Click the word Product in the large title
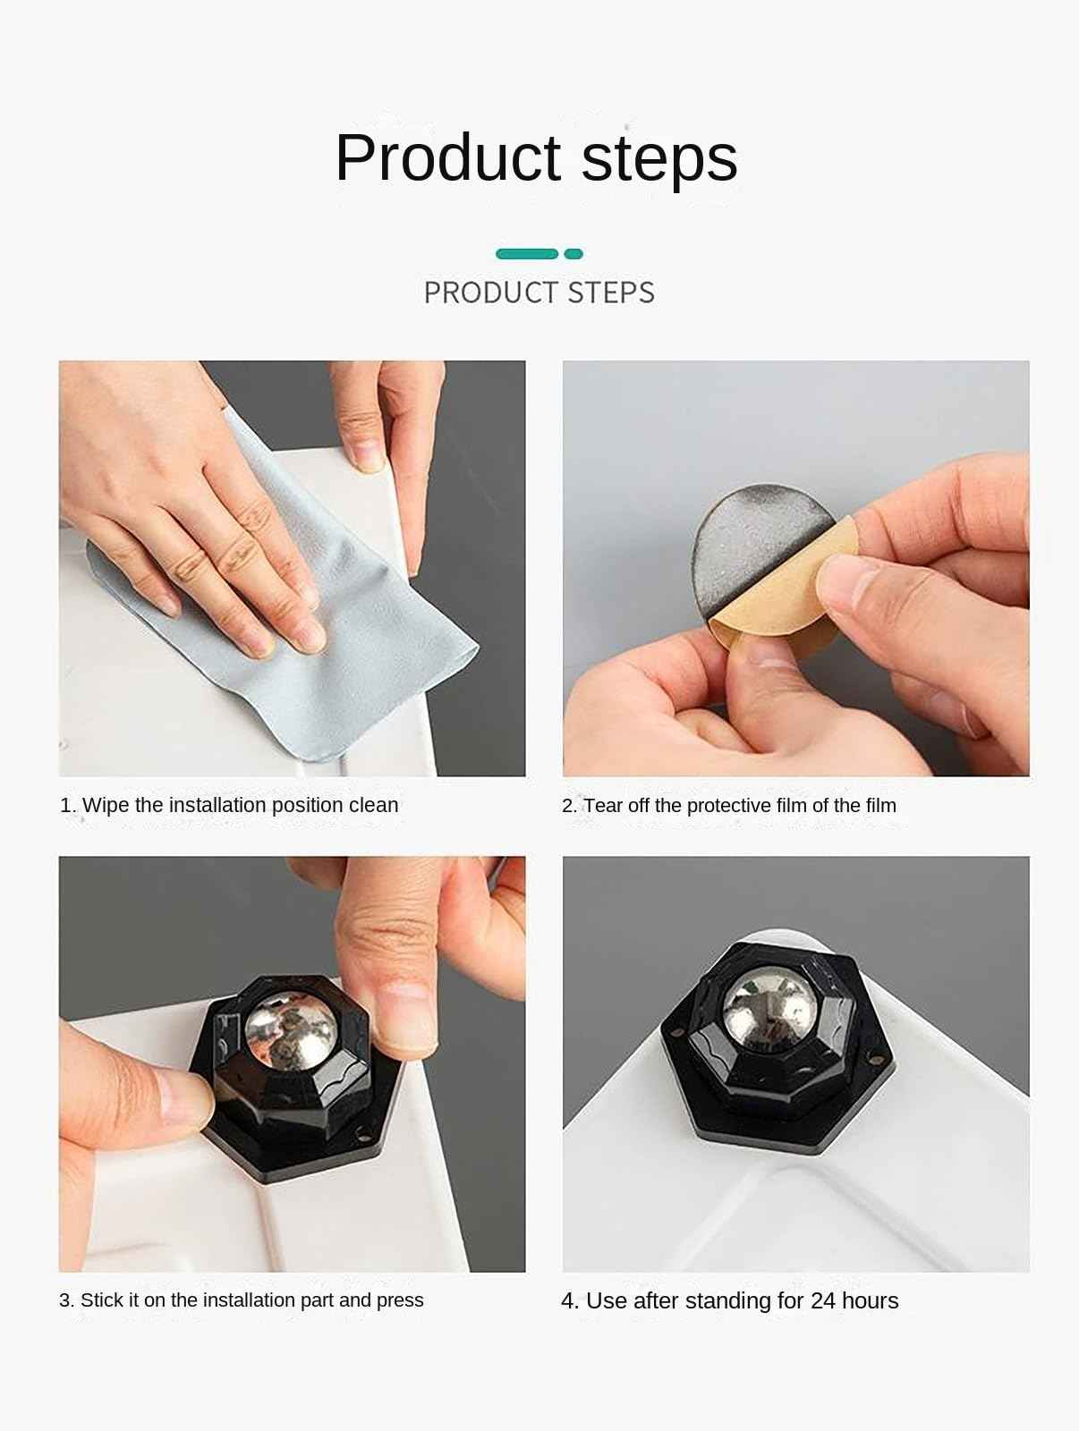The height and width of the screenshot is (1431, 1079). [448, 157]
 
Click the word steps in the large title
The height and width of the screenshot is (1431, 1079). [659, 159]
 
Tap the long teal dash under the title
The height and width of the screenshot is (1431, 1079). [527, 254]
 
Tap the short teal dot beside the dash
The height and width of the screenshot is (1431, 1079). [573, 254]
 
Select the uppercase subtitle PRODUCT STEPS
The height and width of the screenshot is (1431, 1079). [539, 292]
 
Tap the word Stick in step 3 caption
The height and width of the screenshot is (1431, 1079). [101, 1300]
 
